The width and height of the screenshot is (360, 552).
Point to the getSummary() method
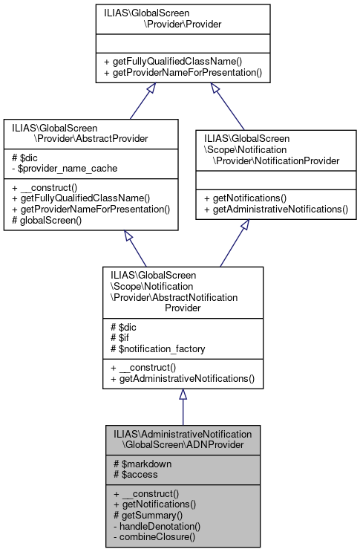tap(148, 515)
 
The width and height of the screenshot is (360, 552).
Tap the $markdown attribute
tap(142, 464)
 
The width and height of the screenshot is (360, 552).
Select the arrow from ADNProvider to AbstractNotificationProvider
tap(182, 409)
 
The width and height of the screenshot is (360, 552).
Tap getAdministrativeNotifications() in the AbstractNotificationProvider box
tap(182, 379)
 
